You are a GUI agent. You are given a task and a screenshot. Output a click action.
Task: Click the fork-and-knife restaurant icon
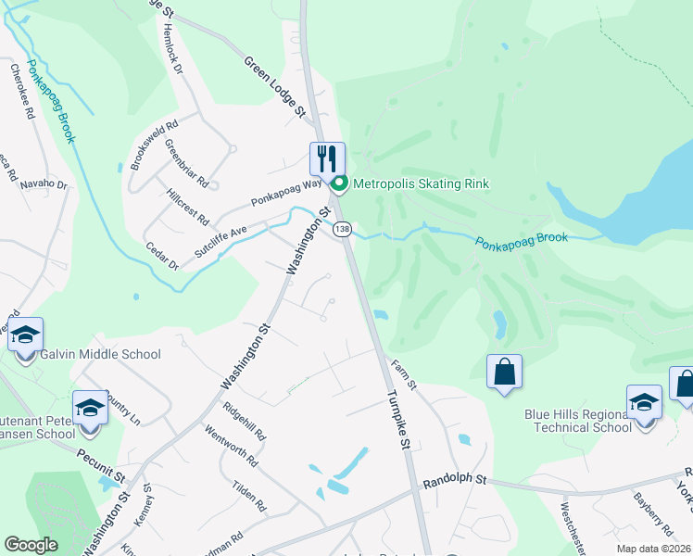point(327,158)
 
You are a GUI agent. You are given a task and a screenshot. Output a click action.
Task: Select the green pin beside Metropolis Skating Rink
point(338,183)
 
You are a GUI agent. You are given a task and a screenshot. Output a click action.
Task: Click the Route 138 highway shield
point(343,228)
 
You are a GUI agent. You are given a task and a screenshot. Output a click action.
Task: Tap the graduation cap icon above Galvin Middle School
point(26,335)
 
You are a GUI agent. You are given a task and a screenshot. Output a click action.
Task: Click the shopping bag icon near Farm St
point(504,373)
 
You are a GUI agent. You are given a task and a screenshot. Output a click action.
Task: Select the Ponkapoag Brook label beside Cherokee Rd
point(51,101)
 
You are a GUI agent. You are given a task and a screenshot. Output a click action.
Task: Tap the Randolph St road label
point(455,480)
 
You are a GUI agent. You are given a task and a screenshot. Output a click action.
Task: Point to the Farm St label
point(405,374)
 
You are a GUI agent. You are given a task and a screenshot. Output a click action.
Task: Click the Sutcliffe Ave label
point(220,240)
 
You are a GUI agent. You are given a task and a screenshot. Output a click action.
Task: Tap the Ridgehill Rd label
point(245,421)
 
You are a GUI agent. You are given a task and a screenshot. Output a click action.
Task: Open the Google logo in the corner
point(31,545)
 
